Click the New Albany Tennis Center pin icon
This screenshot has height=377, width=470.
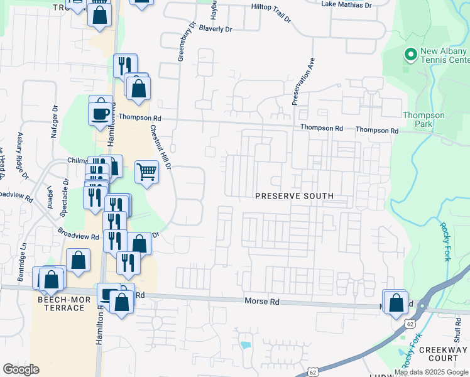[x=411, y=56]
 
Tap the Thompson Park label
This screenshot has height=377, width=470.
[x=424, y=119]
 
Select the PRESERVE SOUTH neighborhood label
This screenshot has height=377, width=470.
[x=294, y=196]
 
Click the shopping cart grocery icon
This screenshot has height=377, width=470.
[x=146, y=171]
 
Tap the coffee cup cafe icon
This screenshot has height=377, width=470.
[x=101, y=113]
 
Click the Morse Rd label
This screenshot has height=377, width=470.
[x=261, y=302]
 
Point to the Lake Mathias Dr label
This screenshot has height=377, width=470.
[x=346, y=4]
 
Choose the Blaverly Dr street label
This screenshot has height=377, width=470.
[x=216, y=29]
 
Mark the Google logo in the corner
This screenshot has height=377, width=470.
[x=21, y=369]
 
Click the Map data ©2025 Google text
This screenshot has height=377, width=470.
[x=431, y=372]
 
